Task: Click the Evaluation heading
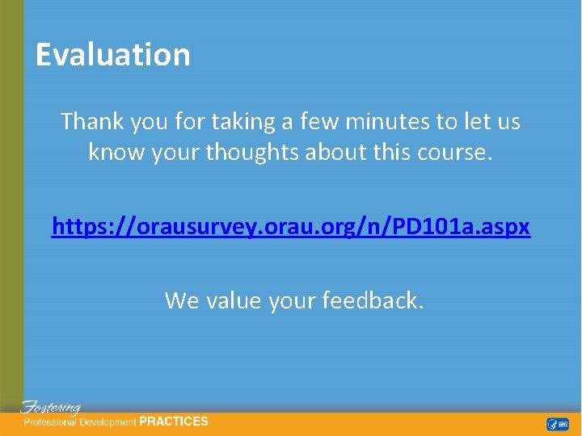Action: pos(113,55)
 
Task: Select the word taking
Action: pos(248,122)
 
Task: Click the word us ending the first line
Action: pos(508,122)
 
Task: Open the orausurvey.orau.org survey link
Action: pos(291,228)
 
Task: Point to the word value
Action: pos(234,300)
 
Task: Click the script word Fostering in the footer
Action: pos(51,408)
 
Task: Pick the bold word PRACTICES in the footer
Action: pos(174,421)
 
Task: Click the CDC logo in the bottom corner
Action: pos(558,424)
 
